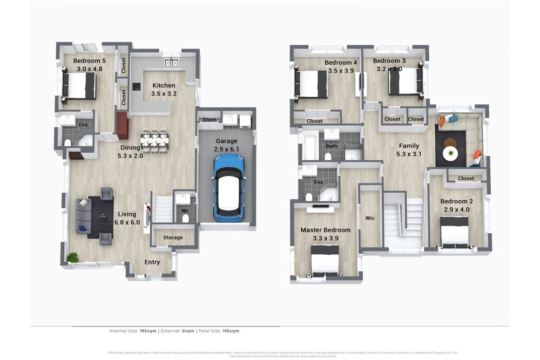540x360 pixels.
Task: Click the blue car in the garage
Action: [229, 187]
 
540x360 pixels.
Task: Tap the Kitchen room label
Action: [164, 85]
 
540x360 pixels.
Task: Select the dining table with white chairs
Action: [154, 140]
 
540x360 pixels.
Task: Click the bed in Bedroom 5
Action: [79, 85]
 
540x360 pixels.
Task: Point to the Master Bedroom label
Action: [325, 230]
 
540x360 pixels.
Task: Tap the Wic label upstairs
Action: [370, 219]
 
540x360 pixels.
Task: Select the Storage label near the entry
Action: [173, 237]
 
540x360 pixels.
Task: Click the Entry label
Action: [152, 262]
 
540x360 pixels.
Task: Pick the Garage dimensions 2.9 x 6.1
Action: [226, 150]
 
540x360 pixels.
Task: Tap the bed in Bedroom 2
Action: [455, 232]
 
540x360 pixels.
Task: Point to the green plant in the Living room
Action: [72, 257]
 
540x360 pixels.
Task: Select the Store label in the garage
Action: [209, 120]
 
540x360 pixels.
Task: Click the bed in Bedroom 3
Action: [404, 82]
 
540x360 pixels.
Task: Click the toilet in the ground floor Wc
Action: [186, 218]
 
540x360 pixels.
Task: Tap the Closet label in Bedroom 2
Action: [465, 178]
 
